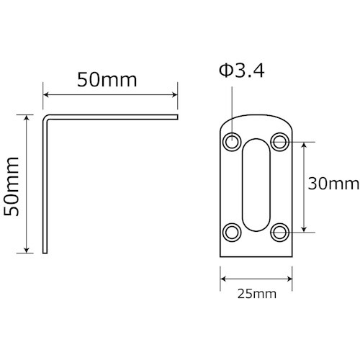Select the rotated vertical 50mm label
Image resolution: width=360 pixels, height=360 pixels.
[12, 184]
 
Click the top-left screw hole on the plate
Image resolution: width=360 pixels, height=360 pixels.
[232, 141]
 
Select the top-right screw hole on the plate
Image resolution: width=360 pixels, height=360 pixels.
[280, 141]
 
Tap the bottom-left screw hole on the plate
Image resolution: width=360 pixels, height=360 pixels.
[232, 232]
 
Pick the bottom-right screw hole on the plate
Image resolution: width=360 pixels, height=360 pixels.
[280, 232]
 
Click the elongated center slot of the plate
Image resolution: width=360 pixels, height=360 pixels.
[256, 186]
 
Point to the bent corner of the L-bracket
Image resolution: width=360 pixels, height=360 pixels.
[47, 116]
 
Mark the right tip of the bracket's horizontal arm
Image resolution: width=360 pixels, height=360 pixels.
[176, 115]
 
